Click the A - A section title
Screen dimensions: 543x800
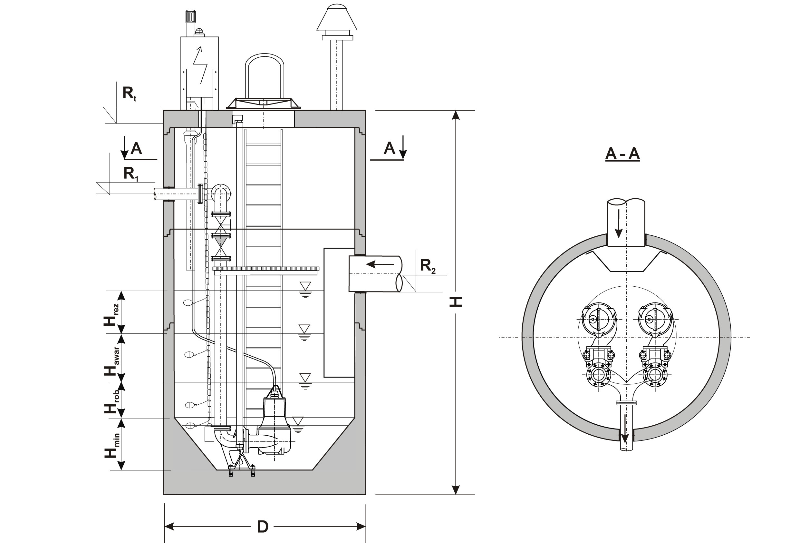(622, 154)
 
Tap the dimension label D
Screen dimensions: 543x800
(263, 527)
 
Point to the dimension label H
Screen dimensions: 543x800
(456, 302)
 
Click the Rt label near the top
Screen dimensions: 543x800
(129, 93)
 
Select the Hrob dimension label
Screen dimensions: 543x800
(112, 402)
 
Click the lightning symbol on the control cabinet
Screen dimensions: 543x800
(200, 65)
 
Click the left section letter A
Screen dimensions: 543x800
(136, 149)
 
